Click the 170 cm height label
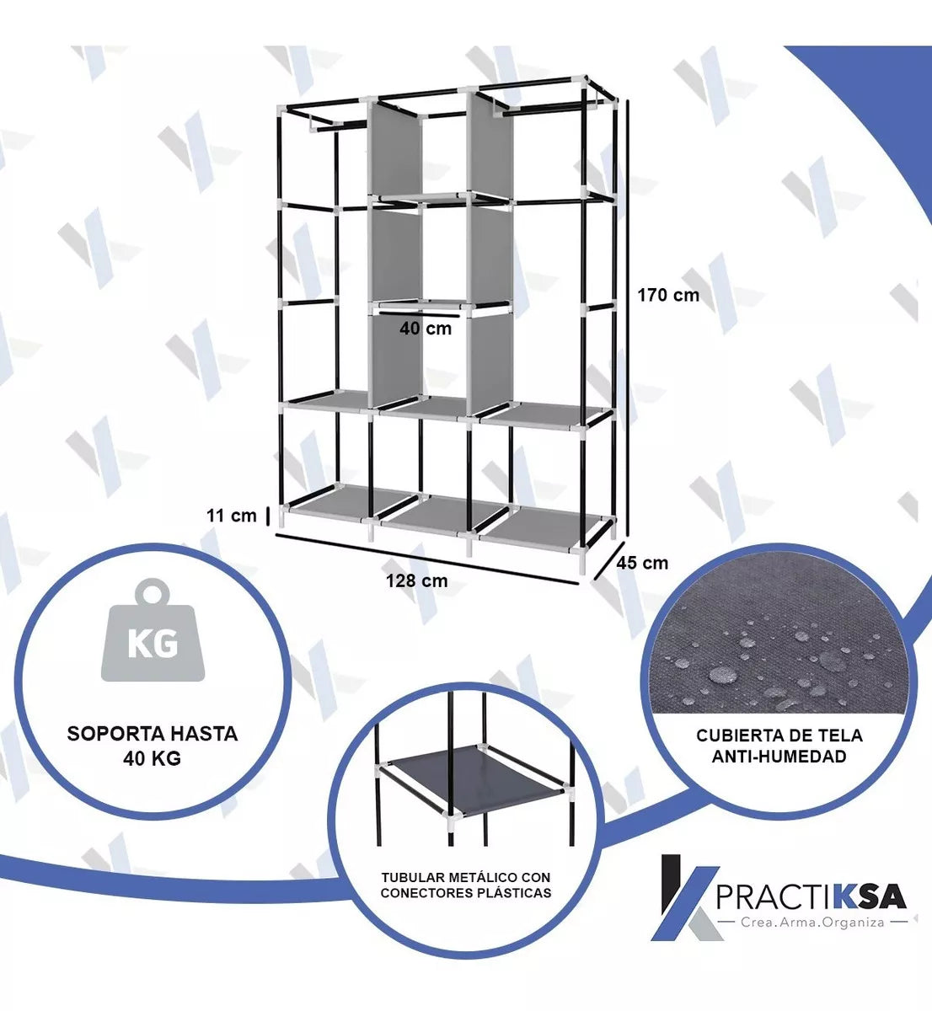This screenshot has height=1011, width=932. tap(667, 295)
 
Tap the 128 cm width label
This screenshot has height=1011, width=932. tap(416, 580)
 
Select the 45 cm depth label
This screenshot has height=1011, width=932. tap(642, 563)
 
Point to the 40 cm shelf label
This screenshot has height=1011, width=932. tap(426, 329)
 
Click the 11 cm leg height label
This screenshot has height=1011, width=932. tap(232, 516)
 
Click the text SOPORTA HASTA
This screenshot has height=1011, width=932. tap(153, 734)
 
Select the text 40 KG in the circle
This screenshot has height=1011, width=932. tap(153, 758)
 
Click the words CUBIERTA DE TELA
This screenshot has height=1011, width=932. tap(779, 736)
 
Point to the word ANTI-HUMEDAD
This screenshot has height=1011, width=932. tap(779, 757)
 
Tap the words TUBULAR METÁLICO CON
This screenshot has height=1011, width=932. tap(465, 877)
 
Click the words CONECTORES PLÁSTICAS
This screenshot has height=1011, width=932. tap(465, 893)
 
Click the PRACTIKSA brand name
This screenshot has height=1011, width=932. tap(811, 896)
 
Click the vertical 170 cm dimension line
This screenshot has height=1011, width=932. tap(628, 318)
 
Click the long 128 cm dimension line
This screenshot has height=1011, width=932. tap(426, 559)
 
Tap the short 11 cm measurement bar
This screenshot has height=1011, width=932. tap(267, 516)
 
